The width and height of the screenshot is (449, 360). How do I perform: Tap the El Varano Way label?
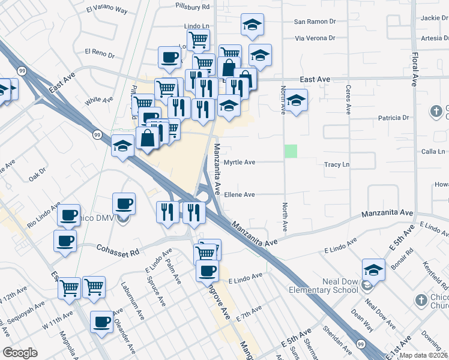107,10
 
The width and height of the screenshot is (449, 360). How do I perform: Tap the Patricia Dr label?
394,118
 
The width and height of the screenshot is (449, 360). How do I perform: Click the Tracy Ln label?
336,164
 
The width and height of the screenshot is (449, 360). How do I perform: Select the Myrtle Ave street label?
240,162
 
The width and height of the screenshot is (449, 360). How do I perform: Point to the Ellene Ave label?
240,194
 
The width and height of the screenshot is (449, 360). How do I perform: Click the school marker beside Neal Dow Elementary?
373,269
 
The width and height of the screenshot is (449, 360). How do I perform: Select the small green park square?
291,151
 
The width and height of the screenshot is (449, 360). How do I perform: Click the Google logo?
20,353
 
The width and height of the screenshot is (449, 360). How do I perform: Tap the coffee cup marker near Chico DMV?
124,203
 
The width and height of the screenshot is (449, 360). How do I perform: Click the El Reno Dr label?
100,53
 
